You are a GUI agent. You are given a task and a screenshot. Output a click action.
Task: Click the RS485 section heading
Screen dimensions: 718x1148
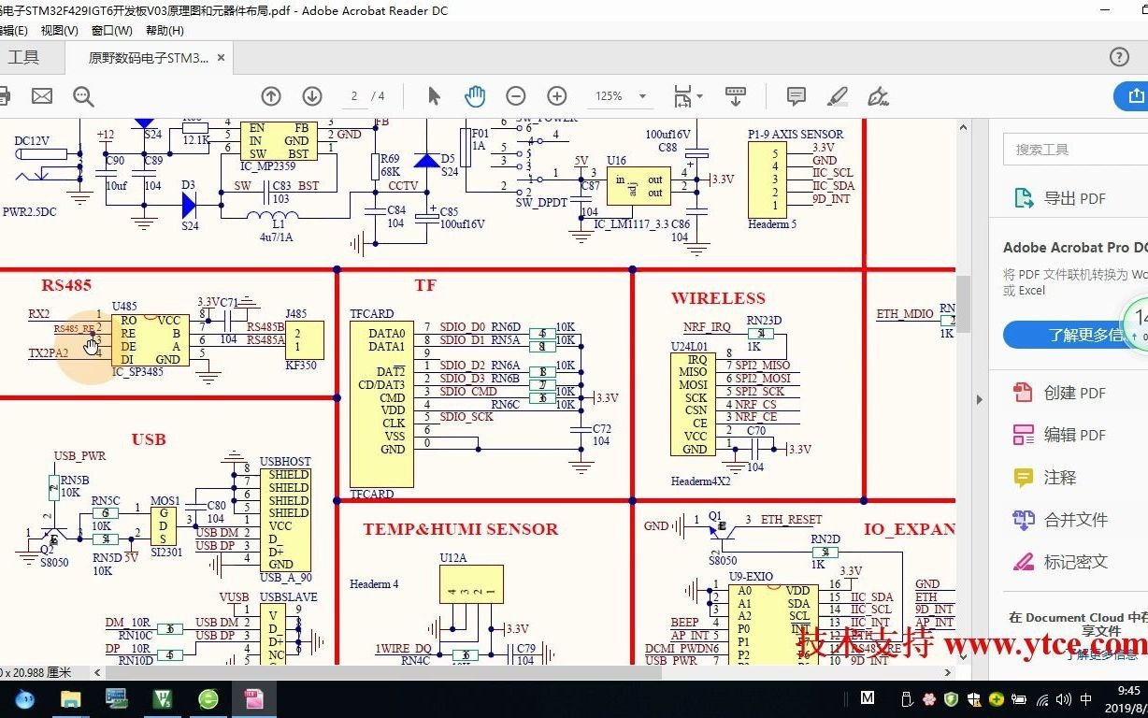[66, 285]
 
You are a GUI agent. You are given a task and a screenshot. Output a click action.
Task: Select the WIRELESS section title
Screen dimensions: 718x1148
[718, 298]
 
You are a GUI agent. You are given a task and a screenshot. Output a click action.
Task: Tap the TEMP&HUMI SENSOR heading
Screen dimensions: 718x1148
[460, 529]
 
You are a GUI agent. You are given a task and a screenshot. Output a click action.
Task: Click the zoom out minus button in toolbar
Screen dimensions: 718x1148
[515, 95]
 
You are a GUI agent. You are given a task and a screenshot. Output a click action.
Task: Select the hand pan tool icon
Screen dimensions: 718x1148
[475, 95]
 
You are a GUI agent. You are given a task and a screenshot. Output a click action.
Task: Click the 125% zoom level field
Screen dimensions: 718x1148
[610, 96]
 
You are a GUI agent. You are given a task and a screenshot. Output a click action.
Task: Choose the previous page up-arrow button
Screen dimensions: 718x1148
[271, 95]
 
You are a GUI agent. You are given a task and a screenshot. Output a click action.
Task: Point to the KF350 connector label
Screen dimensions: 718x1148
[301, 366]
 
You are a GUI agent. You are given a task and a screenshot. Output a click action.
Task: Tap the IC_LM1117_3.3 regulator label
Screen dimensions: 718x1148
[631, 224]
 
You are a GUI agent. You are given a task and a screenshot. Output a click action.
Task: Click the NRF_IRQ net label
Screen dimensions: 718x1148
[708, 327]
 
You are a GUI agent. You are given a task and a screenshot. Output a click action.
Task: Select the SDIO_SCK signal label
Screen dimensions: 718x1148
[466, 417]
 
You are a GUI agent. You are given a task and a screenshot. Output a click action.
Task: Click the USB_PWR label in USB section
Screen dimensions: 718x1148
[79, 456]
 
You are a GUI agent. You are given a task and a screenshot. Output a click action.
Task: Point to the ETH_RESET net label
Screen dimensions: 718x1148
[791, 520]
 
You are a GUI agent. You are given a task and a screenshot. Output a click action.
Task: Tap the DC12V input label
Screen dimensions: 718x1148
[32, 141]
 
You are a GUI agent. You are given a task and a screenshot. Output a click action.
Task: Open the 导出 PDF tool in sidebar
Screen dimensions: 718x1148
[1074, 198]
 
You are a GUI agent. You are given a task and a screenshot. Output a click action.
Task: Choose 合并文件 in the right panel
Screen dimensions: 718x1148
[1075, 520]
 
